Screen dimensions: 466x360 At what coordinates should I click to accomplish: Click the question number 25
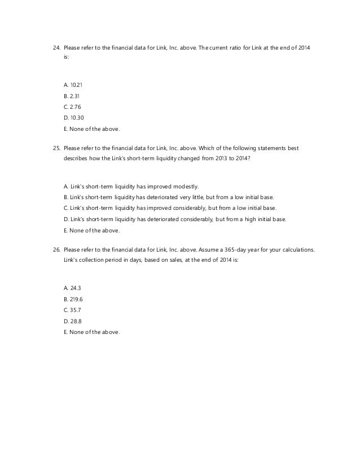(x=55, y=149)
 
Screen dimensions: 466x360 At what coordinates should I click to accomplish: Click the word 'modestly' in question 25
(x=187, y=186)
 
